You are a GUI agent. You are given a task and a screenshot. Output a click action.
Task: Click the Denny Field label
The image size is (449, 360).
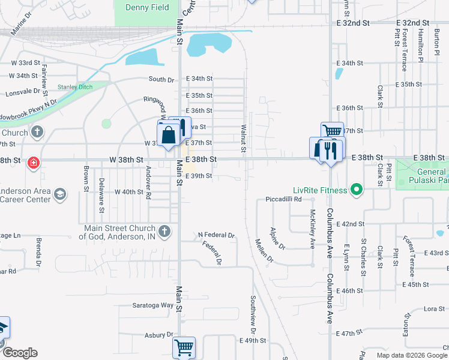point(147,8)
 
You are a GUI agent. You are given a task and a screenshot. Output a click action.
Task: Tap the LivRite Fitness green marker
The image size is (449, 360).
point(357,190)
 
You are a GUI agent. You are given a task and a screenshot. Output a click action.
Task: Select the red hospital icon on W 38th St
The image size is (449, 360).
point(34,162)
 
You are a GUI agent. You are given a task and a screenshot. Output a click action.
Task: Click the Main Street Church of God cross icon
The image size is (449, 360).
point(165,230)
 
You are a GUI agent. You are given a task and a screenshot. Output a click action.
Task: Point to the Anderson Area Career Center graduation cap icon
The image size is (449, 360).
point(59,194)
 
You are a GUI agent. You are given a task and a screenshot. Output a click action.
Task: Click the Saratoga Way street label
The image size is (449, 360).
point(152,305)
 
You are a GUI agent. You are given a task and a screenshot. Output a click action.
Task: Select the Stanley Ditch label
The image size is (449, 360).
point(75,87)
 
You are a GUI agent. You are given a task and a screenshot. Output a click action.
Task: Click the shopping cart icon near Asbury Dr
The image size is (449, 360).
point(184,347)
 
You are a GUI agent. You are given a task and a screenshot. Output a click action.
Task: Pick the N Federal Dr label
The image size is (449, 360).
point(216,235)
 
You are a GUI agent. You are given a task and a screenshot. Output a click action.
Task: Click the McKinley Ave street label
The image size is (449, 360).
point(312,229)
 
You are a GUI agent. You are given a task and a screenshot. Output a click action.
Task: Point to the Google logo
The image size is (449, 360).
point(19,353)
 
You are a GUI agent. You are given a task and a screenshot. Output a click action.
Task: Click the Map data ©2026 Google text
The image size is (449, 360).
point(412,355)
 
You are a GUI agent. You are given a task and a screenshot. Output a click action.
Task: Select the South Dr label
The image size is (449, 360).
point(161,79)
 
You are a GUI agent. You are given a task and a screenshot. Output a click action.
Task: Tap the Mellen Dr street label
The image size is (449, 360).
point(264,251)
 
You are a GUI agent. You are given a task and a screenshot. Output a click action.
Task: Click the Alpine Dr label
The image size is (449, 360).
point(277,238)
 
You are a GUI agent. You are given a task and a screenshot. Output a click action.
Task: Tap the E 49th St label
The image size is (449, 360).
point(252,340)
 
